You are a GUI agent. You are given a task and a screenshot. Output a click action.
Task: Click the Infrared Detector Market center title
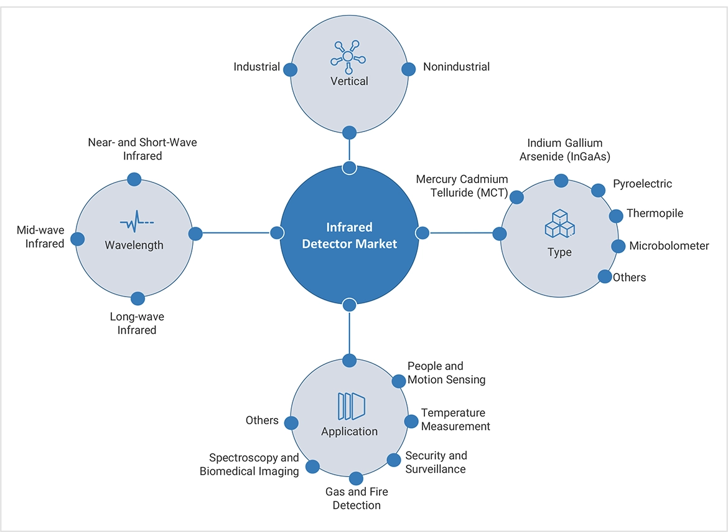(x=349, y=235)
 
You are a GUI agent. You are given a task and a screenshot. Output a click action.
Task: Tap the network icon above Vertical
(x=349, y=56)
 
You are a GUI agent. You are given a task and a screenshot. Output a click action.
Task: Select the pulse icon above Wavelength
(x=137, y=222)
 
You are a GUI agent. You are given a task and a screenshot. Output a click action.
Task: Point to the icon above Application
(x=350, y=406)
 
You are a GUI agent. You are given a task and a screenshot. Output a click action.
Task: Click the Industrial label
(x=256, y=67)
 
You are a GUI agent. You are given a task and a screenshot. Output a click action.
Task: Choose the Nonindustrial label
(x=456, y=67)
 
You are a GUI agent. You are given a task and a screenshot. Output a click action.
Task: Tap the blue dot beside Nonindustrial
(x=409, y=69)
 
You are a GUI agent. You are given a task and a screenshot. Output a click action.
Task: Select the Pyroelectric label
(x=642, y=184)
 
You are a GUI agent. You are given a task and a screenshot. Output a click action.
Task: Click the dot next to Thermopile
(x=616, y=216)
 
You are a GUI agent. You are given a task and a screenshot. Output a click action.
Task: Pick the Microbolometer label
(x=669, y=245)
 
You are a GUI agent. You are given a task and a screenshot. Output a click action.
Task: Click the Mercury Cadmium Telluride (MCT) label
(x=462, y=186)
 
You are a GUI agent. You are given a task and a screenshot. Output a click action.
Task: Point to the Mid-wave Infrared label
(x=40, y=237)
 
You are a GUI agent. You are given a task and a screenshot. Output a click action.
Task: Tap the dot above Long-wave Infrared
(x=139, y=298)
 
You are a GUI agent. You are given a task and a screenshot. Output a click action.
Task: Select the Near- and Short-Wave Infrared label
(x=142, y=149)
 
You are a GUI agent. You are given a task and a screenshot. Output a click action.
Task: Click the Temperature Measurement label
(x=455, y=419)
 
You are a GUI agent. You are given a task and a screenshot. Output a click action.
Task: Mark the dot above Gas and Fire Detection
(x=356, y=478)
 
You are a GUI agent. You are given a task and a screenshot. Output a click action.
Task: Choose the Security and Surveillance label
(x=436, y=462)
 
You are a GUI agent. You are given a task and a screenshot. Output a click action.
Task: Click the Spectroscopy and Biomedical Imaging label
(x=249, y=465)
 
